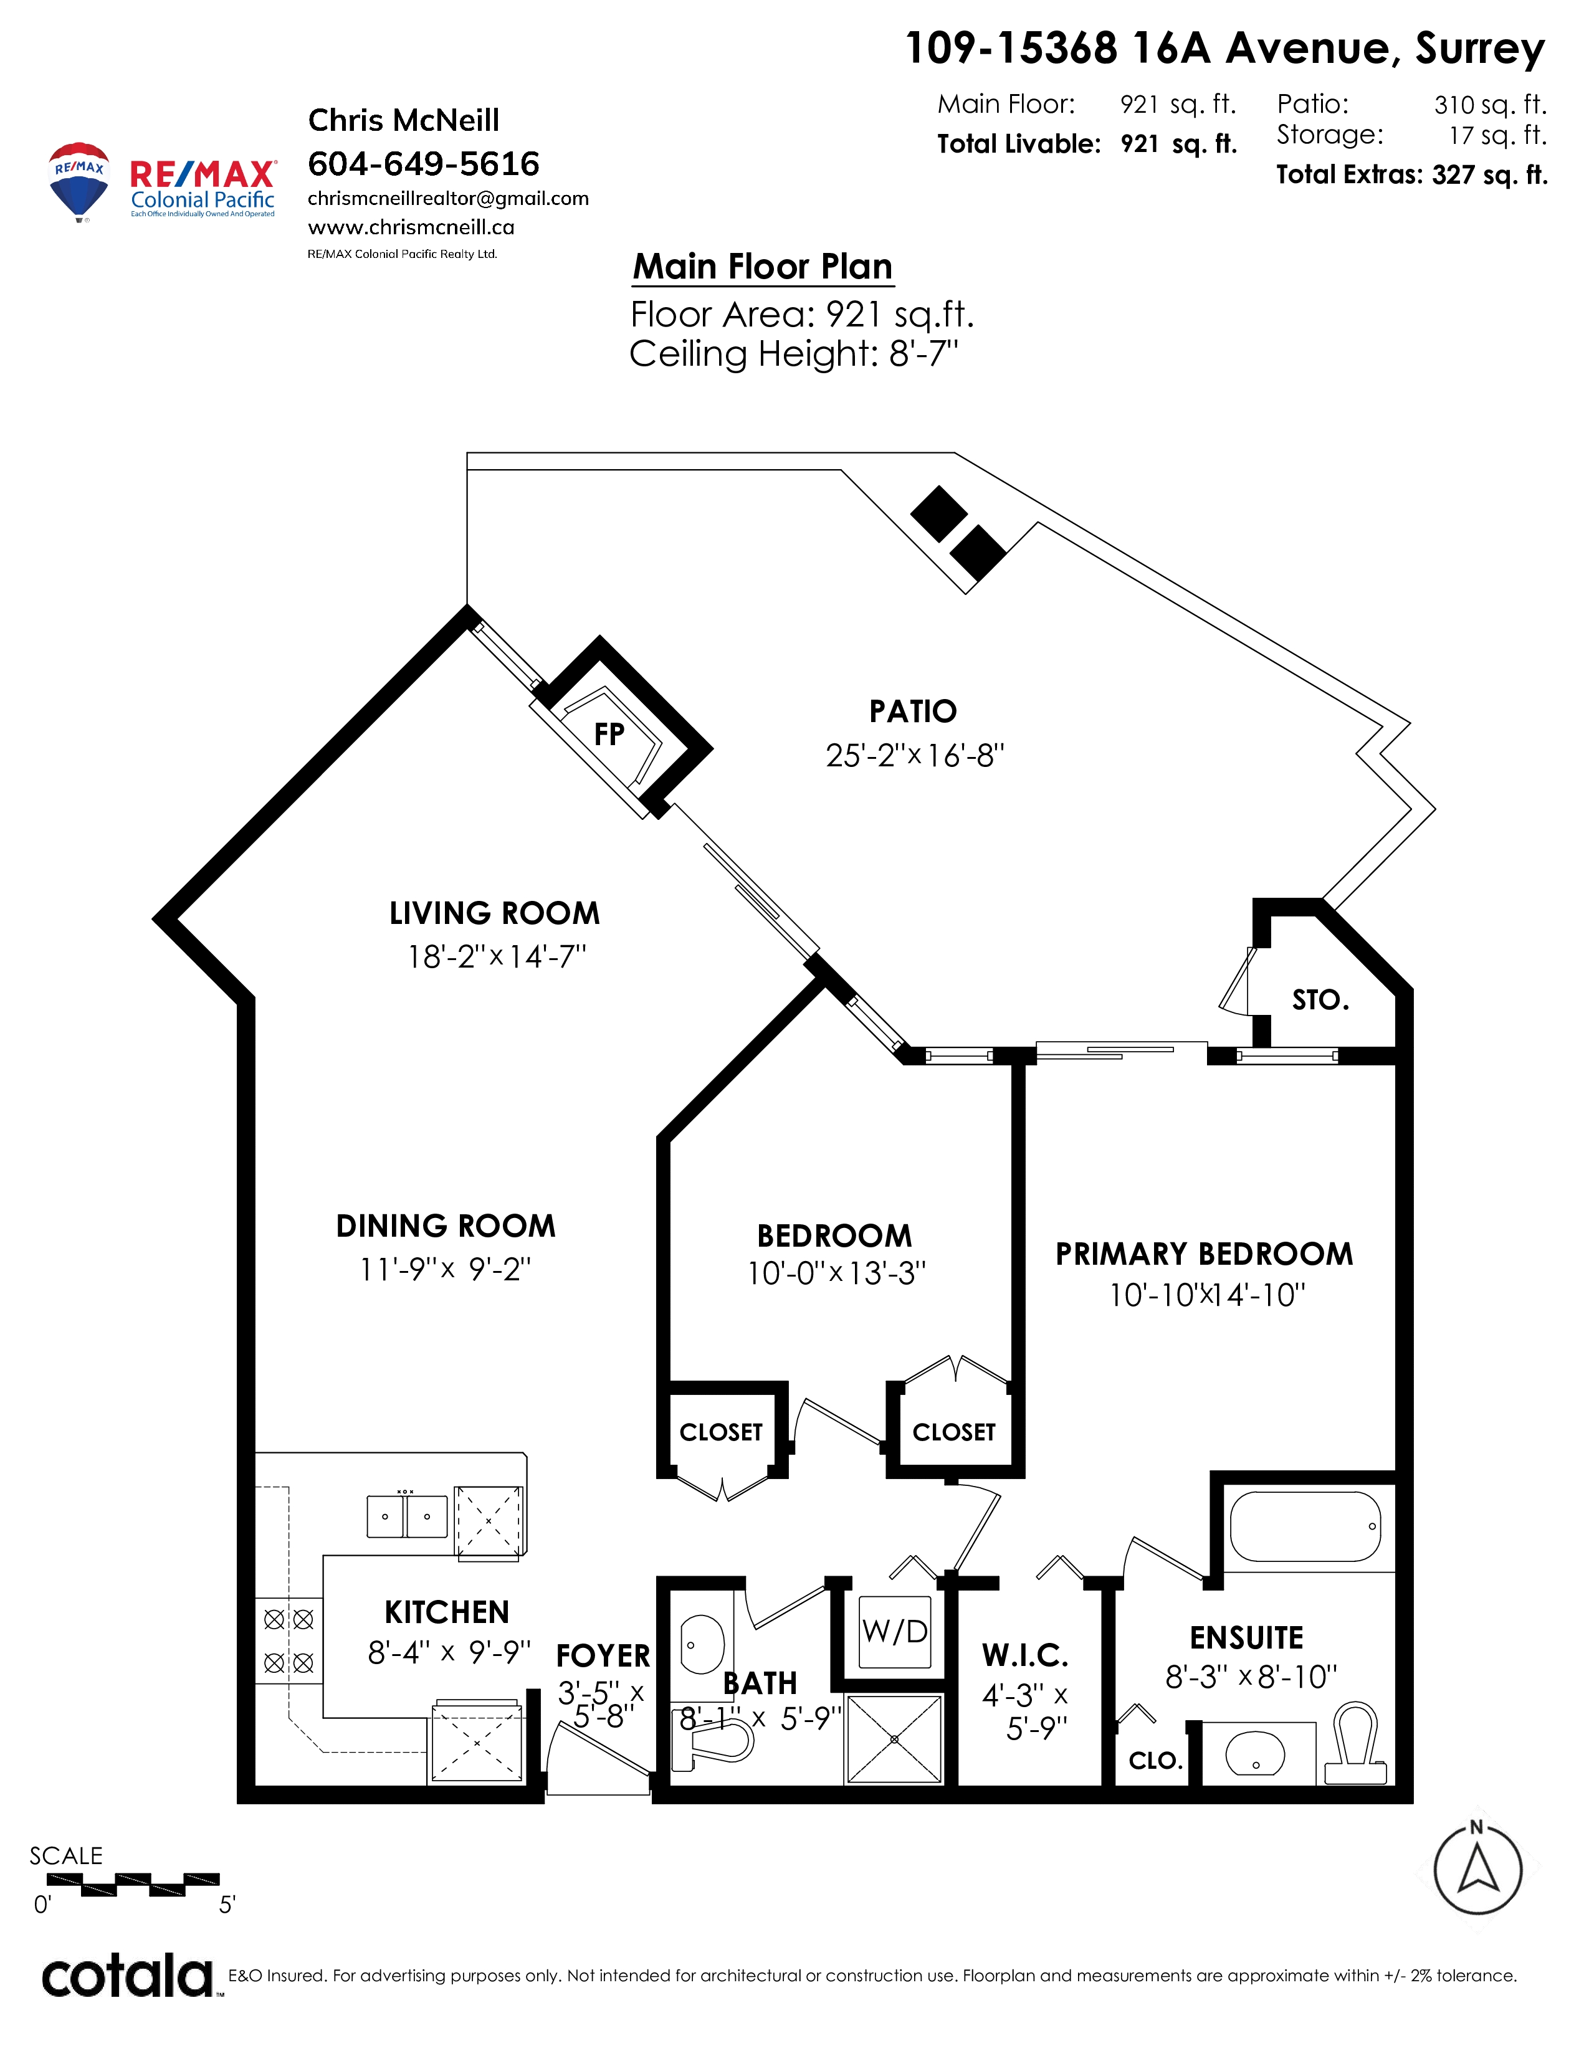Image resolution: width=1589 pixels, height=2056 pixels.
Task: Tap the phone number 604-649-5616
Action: (x=424, y=164)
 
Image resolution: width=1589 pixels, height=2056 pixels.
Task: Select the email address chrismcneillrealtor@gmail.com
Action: (x=448, y=199)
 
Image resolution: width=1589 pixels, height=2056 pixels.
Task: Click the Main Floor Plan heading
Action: (x=763, y=267)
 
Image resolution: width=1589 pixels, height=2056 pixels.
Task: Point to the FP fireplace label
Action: (x=609, y=733)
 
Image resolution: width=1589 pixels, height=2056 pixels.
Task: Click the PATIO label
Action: (x=913, y=712)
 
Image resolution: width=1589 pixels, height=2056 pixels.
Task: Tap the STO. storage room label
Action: (x=1320, y=1000)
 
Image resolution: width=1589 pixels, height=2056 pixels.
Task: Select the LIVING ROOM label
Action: (x=494, y=913)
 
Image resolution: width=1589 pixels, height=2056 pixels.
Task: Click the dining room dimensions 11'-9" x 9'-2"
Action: (x=446, y=1269)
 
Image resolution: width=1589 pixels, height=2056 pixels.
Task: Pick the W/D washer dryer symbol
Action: (x=895, y=1632)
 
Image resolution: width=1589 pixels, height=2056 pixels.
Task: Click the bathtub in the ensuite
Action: (x=1305, y=1526)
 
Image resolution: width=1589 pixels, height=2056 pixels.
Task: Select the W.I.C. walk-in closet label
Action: (x=1025, y=1655)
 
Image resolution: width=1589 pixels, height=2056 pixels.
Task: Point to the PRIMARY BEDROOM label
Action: (x=1204, y=1254)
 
